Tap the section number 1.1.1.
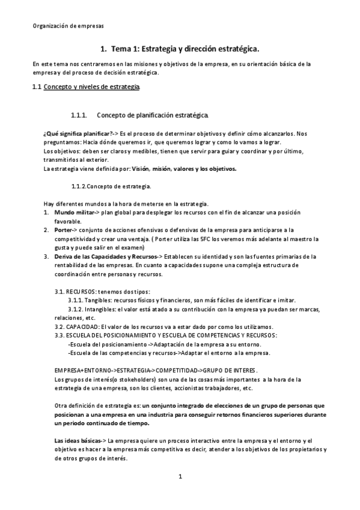click(79, 115)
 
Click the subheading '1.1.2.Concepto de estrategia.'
click(111, 186)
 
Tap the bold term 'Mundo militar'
click(75, 213)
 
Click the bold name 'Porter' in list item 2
click(64, 230)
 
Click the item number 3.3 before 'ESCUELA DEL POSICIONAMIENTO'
click(59, 335)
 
